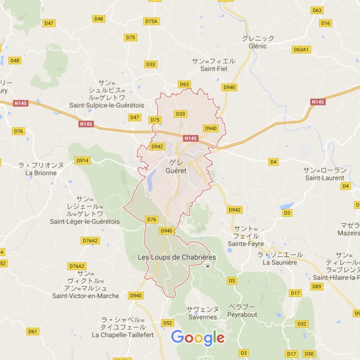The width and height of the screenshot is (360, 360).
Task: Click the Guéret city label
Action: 175,171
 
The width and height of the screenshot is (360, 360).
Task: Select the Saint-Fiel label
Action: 214,68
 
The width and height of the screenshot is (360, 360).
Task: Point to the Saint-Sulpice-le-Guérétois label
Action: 107,105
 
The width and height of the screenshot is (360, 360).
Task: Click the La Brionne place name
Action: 41,172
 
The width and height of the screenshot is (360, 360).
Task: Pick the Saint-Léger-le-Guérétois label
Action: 84,221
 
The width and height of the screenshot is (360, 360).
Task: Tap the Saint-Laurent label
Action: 325,177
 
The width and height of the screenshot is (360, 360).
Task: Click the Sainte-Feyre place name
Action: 246,243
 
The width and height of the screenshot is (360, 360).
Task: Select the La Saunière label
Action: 280,262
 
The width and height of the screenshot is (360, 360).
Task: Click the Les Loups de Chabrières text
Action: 176,257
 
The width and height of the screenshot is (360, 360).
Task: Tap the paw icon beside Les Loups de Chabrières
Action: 209,266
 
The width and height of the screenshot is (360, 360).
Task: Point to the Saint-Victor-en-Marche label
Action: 86,296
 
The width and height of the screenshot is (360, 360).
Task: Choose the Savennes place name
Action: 202,317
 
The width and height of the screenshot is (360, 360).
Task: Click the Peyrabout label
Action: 242,314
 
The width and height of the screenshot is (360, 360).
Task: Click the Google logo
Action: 197,338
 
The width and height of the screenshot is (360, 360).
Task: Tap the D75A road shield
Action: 151,21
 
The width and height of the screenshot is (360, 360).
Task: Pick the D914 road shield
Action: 82,161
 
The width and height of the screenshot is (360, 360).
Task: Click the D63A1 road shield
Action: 302,50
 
